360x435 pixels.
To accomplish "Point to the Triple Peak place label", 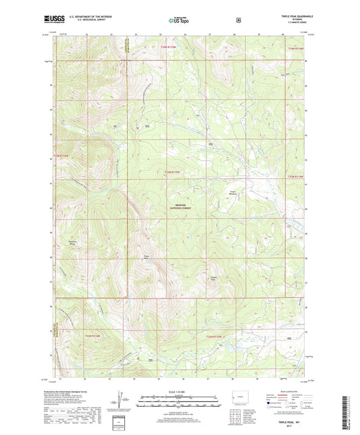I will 145,256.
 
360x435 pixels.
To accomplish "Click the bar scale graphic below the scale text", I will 178,399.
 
